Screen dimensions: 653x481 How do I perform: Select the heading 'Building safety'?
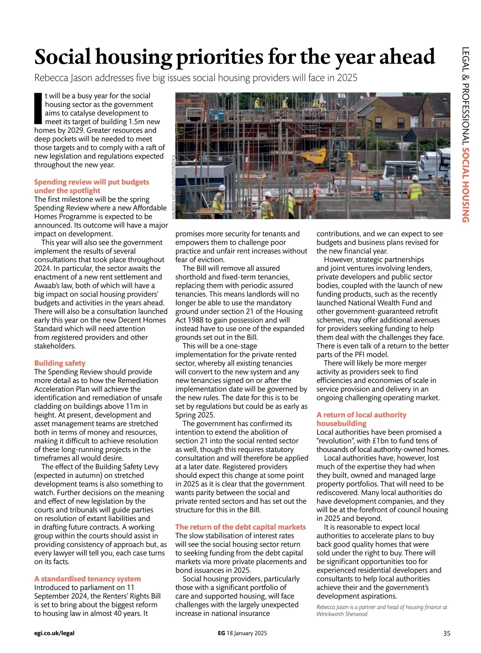point(60,363)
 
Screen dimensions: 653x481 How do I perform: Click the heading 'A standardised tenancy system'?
point(87,579)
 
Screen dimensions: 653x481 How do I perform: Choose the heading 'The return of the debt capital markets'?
point(240,527)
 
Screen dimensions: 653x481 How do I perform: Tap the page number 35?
point(447,634)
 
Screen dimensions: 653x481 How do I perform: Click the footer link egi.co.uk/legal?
point(54,633)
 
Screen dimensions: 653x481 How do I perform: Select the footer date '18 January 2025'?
point(247,633)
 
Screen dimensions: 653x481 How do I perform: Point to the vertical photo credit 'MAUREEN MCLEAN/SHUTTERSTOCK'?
point(174,186)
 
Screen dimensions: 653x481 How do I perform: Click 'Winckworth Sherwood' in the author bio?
point(342,614)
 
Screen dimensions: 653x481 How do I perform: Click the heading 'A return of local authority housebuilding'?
point(361,419)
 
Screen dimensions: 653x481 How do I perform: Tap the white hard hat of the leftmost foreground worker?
point(222,188)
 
